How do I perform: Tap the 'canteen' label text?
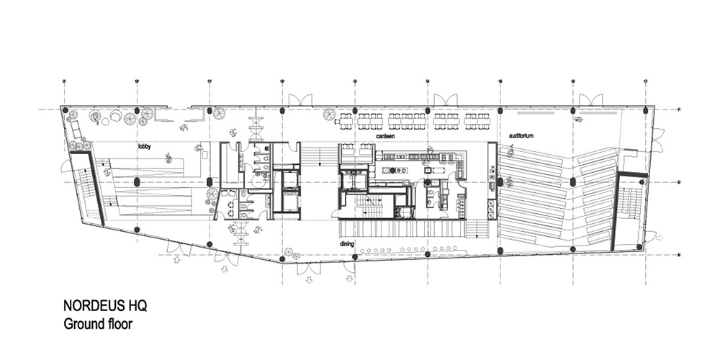(386, 135)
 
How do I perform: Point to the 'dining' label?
(348, 244)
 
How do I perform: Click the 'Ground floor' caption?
(97, 324)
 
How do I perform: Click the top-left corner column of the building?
(66, 110)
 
